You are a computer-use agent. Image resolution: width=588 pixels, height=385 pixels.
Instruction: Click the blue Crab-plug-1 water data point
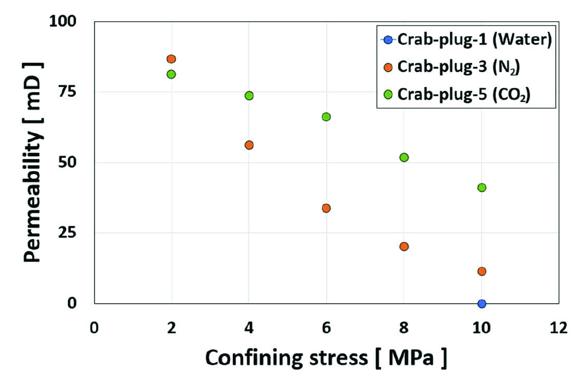(x=481, y=304)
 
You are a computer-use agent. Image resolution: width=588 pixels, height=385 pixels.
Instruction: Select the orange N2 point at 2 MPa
(x=171, y=59)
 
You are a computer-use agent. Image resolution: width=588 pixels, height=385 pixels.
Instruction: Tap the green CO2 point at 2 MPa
(x=171, y=74)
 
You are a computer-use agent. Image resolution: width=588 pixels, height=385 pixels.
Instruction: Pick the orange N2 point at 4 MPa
(x=249, y=145)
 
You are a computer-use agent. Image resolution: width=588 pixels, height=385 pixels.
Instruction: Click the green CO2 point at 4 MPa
(x=249, y=95)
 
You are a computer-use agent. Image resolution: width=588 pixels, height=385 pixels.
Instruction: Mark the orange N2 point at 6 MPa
(x=326, y=208)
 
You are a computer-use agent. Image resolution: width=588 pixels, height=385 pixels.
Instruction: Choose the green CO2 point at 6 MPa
(x=326, y=116)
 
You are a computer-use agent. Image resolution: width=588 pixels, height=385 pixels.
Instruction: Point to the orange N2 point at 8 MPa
(x=404, y=246)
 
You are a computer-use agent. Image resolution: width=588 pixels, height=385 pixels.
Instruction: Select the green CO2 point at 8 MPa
(x=404, y=157)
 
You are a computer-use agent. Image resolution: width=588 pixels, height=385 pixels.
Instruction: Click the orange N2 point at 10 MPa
(x=481, y=271)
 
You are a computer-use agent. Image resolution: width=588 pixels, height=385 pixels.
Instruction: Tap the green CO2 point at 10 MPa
(x=481, y=187)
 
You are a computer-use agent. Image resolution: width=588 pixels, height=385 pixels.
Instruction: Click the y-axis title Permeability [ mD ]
(x=34, y=163)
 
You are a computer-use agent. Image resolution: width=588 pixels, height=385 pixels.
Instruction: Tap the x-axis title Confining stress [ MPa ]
(x=326, y=358)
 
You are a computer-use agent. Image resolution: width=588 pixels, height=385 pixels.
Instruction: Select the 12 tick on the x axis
(x=558, y=328)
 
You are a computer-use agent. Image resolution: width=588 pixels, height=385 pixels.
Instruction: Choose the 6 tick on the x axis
(x=326, y=328)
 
